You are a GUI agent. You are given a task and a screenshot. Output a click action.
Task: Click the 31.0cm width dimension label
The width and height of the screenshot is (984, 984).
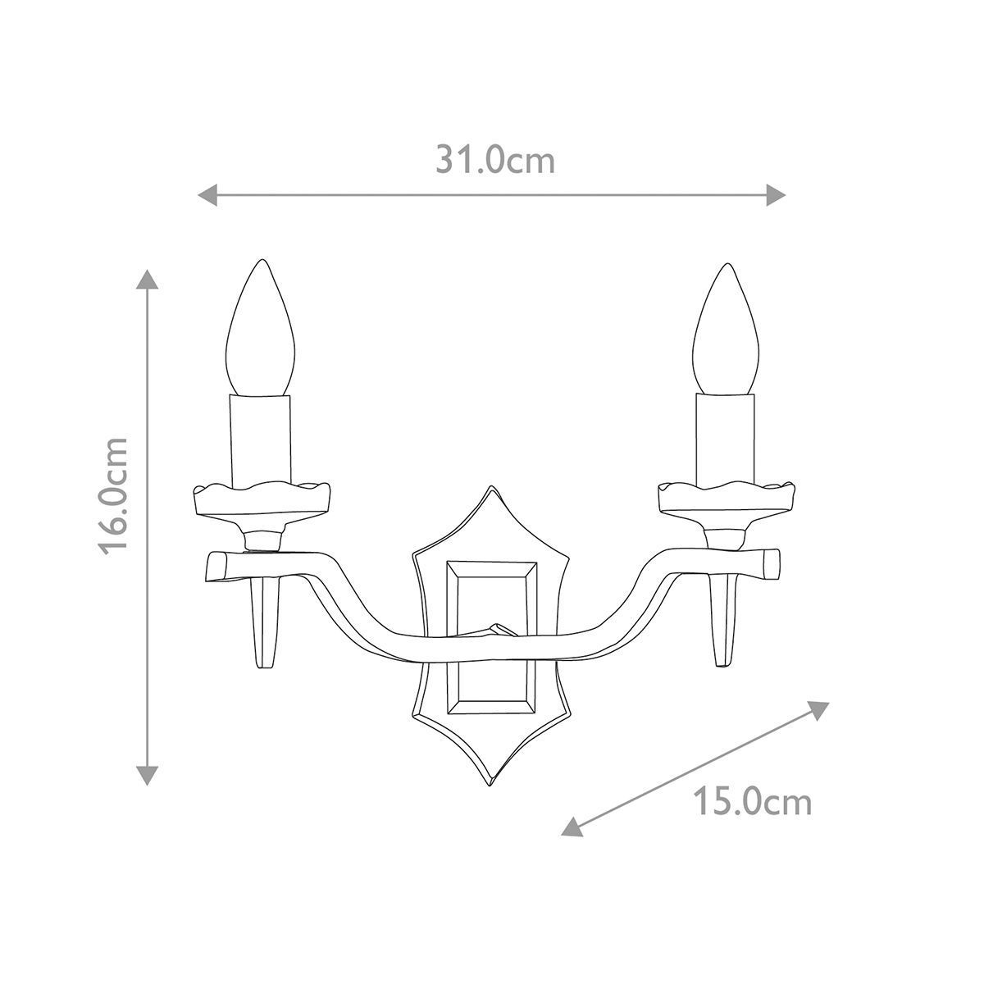[x=495, y=160]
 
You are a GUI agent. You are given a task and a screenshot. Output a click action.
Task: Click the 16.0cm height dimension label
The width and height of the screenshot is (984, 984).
[x=115, y=495]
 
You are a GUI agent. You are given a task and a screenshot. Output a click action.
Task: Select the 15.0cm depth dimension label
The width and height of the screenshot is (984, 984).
[x=752, y=801]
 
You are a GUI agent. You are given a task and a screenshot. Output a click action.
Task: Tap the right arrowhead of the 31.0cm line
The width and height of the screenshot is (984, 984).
[x=777, y=194]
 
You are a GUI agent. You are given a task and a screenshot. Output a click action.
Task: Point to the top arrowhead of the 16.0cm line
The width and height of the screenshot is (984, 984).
[x=147, y=279]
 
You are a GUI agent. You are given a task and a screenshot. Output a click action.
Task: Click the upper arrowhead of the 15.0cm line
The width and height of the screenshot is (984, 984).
[x=819, y=708]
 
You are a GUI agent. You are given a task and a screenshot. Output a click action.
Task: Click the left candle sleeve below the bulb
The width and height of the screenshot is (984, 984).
[x=261, y=439]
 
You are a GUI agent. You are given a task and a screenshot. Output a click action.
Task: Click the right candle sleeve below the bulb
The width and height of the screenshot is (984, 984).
[x=724, y=439]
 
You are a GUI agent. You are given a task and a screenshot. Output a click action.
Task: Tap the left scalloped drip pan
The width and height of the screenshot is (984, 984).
[x=261, y=499]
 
